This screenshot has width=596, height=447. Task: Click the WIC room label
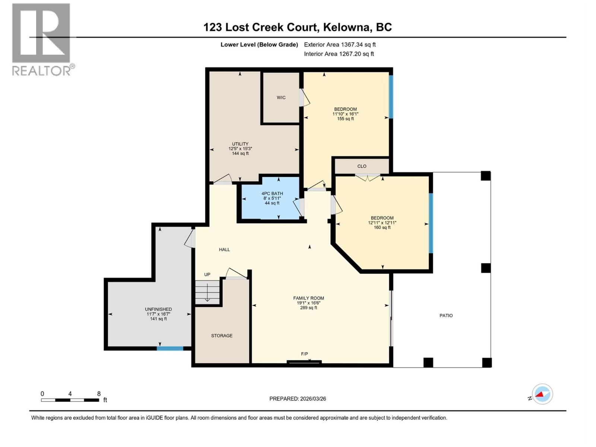point(281,98)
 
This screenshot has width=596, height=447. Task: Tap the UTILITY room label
point(240,144)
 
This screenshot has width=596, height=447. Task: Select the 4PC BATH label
point(272,194)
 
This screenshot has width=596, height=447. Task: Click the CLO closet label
point(362,167)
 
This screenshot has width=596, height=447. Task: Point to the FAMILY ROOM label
point(308,298)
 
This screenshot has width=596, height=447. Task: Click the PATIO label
point(446,316)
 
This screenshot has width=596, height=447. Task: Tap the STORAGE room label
point(222,336)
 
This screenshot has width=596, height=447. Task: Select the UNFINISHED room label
point(158,309)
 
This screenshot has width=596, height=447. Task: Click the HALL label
point(224,250)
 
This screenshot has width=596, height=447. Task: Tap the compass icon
point(542,394)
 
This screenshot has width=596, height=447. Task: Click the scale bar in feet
point(70,400)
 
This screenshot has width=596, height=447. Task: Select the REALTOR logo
point(42,39)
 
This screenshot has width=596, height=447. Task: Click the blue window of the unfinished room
point(170,349)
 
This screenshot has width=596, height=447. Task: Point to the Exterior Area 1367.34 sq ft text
point(340,45)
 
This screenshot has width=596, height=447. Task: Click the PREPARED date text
point(298,399)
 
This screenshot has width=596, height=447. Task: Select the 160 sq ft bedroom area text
point(382,228)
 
